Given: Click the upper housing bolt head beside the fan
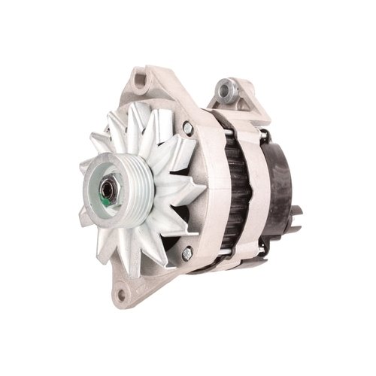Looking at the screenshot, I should coord(187,129).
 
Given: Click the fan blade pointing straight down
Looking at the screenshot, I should coord(139,252).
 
